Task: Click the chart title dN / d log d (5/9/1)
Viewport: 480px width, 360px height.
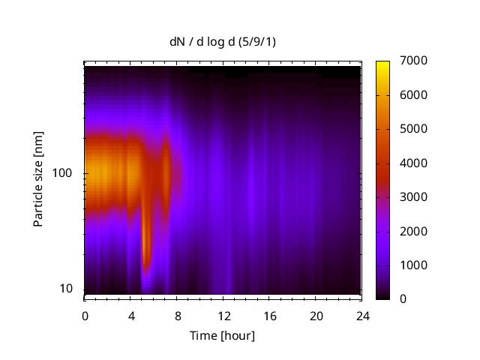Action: point(223,41)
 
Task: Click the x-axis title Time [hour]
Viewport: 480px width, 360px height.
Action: point(222,335)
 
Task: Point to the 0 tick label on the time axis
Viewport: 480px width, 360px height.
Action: point(85,315)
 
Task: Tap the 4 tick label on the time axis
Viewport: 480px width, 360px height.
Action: point(131,315)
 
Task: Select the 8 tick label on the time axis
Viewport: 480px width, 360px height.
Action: point(177,315)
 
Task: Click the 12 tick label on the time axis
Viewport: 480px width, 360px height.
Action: point(223,315)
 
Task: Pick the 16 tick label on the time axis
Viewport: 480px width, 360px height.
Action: point(269,315)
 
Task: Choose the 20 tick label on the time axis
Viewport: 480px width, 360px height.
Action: point(315,315)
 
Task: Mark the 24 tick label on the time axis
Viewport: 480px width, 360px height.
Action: point(361,315)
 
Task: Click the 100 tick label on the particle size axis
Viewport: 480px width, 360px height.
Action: point(61,173)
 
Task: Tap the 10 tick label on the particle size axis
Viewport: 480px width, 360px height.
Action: point(65,289)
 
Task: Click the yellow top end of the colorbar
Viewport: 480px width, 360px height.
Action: point(382,63)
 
